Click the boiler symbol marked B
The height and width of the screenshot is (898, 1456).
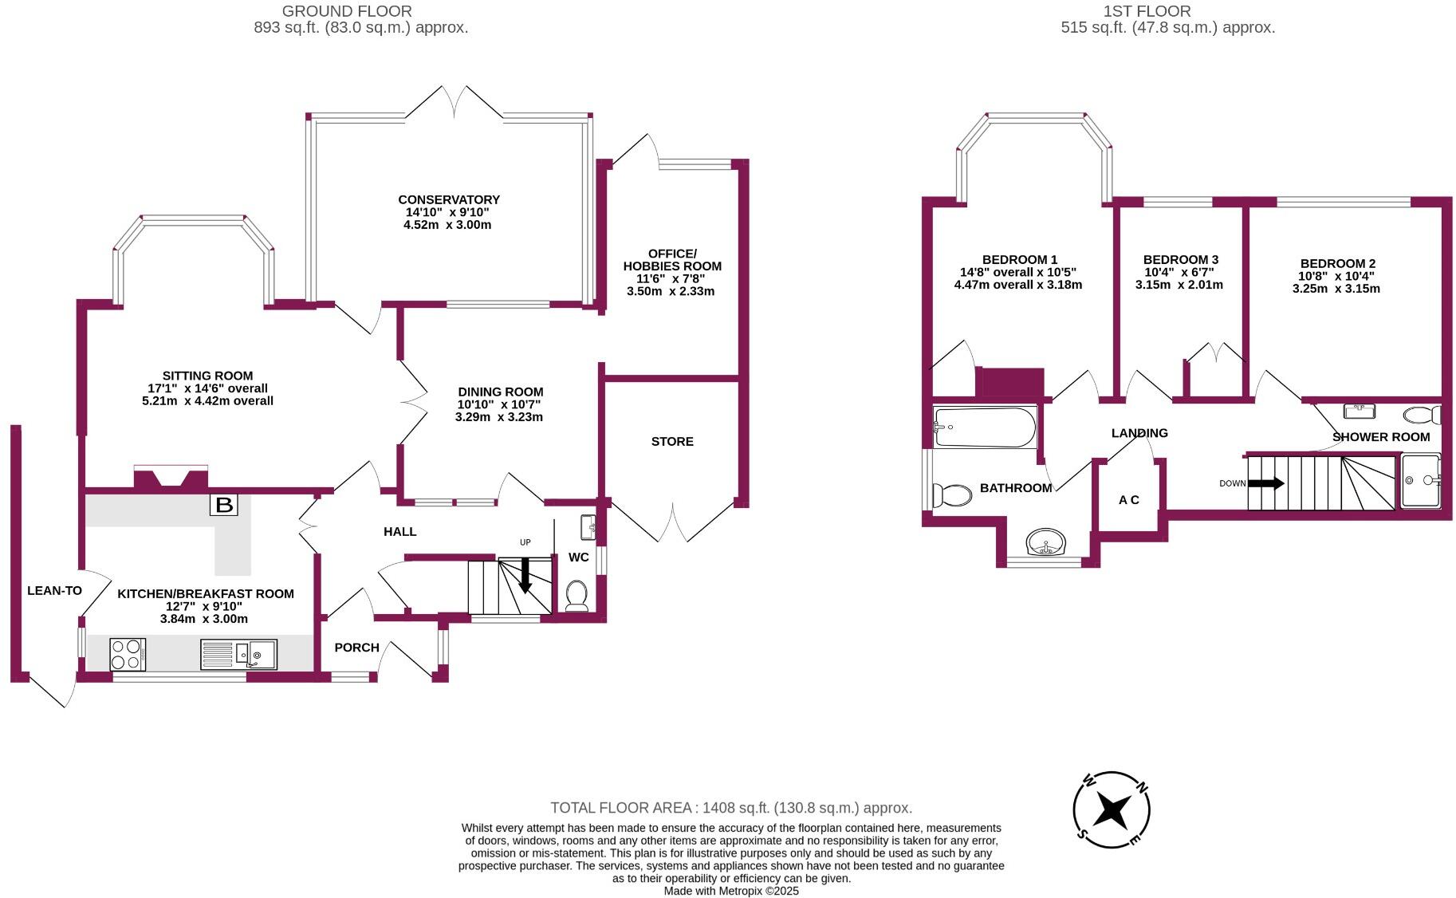(224, 504)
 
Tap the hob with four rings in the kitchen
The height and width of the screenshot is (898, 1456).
(127, 654)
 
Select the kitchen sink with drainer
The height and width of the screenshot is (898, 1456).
(238, 654)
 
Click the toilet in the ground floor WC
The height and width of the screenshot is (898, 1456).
(576, 595)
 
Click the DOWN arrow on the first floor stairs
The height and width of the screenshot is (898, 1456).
(1265, 483)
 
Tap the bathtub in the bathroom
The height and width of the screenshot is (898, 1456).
(985, 427)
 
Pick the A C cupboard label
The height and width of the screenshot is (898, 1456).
(1128, 500)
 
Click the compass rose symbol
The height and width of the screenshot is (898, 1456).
(1111, 811)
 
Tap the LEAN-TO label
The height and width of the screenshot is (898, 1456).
(54, 591)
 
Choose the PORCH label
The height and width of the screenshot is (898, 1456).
(356, 648)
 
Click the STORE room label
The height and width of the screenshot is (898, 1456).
(672, 442)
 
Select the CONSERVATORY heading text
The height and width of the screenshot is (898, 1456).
(449, 200)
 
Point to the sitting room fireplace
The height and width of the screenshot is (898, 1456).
(171, 478)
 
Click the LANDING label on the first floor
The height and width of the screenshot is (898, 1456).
(1139, 433)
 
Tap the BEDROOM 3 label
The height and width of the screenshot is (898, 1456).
(1180, 260)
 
